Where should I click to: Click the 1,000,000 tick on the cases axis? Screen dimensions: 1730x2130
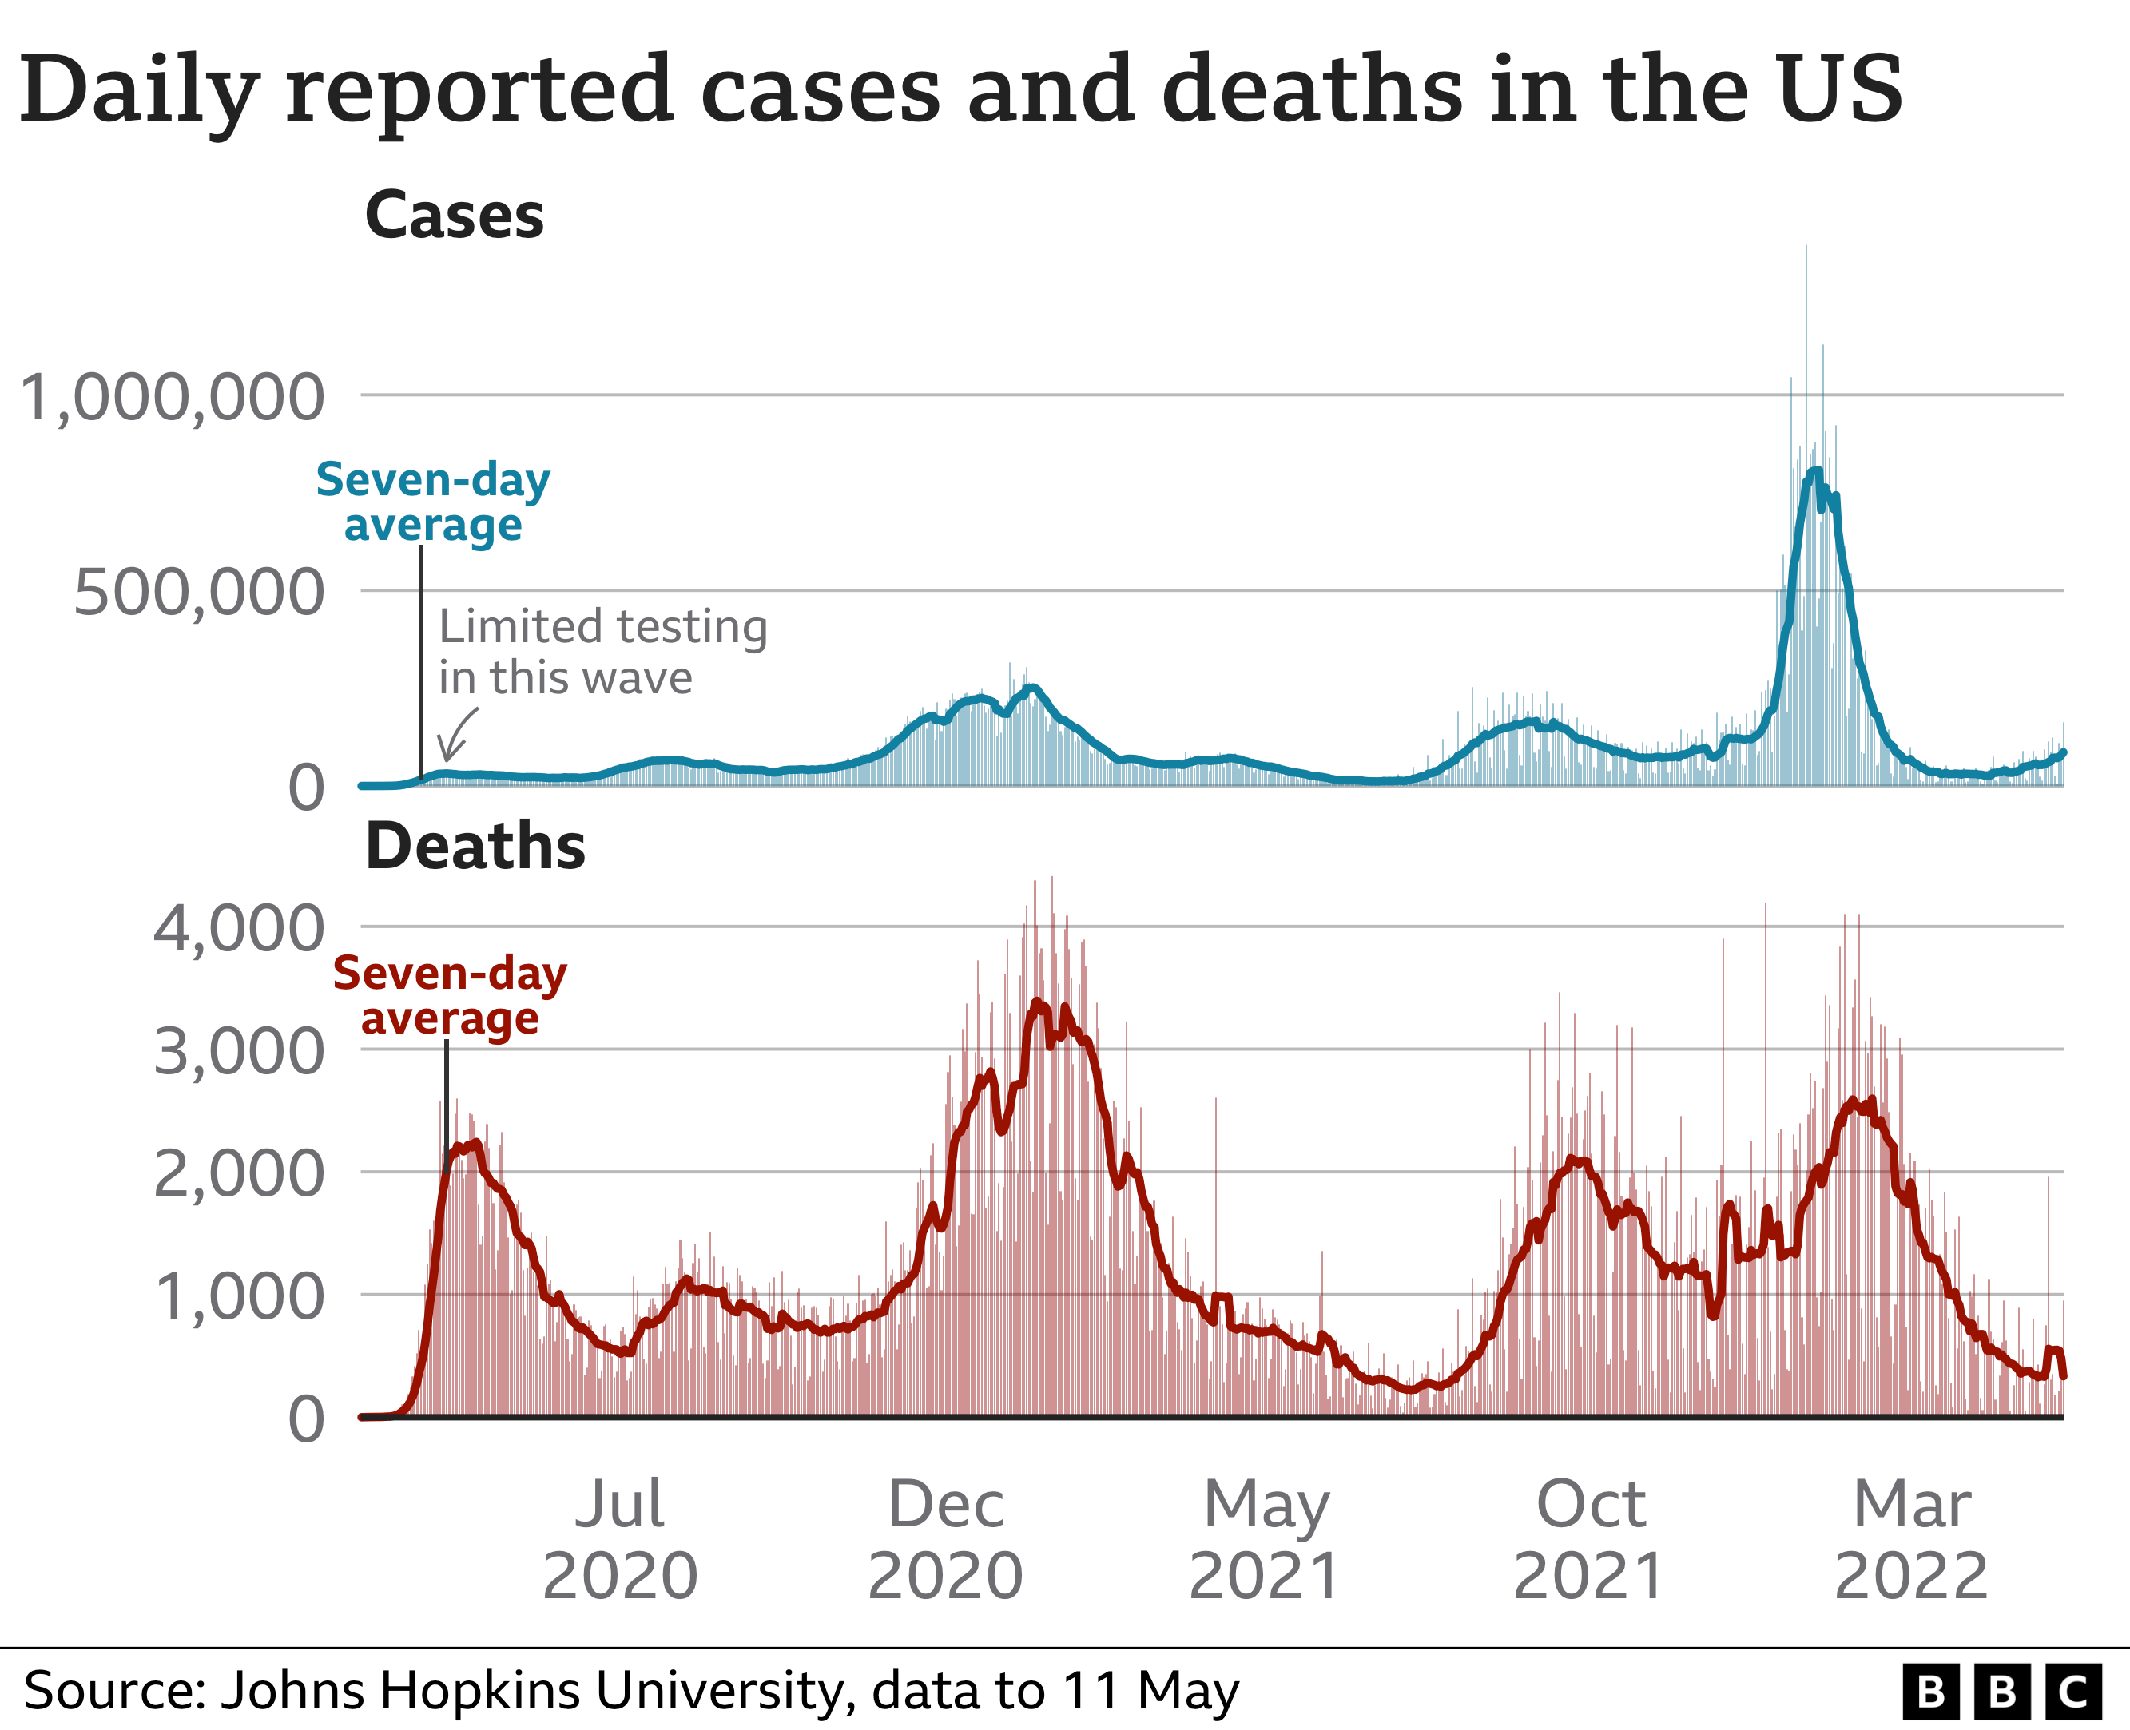click(172, 398)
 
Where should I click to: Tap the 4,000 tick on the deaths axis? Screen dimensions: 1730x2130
click(238, 929)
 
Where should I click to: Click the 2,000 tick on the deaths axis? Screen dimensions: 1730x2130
click(238, 1174)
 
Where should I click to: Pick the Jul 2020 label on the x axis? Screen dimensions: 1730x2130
click(620, 1540)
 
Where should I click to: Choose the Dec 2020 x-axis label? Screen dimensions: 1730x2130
click(945, 1540)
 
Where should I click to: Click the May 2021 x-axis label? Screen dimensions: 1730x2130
click(1265, 1540)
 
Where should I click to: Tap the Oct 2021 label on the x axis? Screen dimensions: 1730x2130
click(1589, 1540)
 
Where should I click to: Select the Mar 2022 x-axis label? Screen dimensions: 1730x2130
click(1911, 1540)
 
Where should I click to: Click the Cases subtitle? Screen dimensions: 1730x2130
click(454, 216)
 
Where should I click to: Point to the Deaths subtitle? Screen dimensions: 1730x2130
click(475, 847)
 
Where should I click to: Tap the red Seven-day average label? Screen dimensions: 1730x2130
click(450, 995)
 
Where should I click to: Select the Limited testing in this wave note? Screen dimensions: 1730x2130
click(602, 652)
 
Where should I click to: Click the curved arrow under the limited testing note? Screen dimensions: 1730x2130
click(456, 736)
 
